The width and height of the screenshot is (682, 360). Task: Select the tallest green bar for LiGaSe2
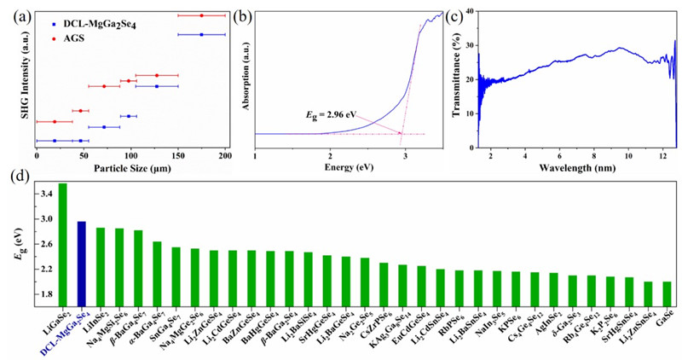click(62, 244)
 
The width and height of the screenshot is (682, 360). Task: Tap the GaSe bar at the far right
click(667, 293)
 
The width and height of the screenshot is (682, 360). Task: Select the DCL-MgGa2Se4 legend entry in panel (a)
click(102, 25)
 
